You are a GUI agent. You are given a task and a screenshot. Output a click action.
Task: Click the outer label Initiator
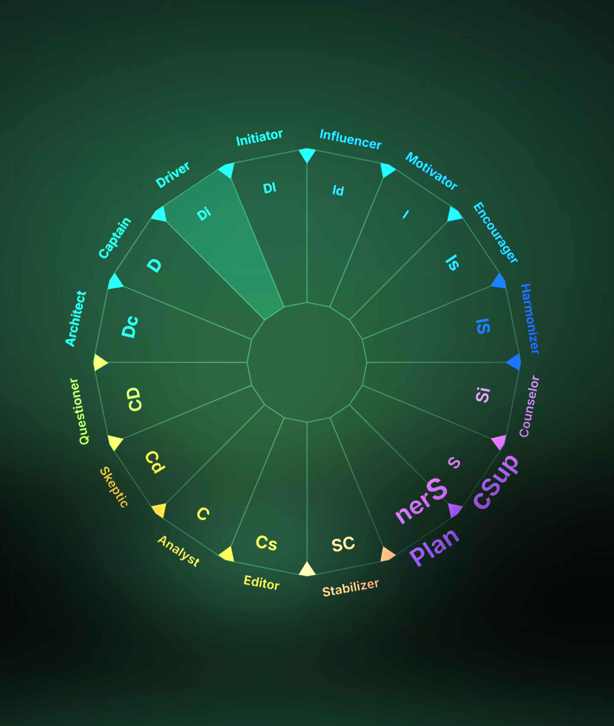click(259, 138)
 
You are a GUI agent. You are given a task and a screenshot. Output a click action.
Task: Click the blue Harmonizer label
click(530, 319)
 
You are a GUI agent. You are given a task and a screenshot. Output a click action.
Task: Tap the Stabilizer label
click(351, 588)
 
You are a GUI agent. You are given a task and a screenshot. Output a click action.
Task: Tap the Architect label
click(76, 319)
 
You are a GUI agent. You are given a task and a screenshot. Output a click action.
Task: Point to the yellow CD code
click(134, 399)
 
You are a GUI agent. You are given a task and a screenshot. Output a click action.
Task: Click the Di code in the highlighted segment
click(204, 214)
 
